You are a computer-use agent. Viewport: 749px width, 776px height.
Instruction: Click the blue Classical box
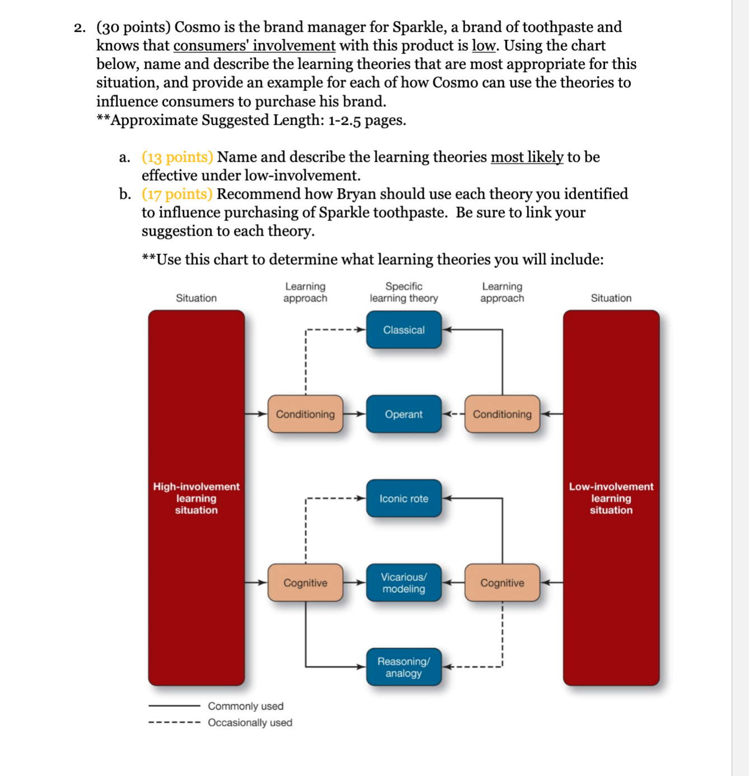point(404,330)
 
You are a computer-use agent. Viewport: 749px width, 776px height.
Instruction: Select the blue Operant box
point(404,414)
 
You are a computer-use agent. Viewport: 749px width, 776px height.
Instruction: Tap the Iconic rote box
point(404,498)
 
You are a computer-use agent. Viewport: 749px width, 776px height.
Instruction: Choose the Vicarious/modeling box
point(404,583)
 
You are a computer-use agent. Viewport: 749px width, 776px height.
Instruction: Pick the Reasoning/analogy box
point(404,667)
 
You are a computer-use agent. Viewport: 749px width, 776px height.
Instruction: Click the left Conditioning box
point(305,414)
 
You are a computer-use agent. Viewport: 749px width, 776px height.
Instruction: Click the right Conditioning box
point(502,414)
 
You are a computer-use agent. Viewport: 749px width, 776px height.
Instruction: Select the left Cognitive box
point(305,583)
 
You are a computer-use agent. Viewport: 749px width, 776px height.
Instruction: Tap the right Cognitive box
point(502,583)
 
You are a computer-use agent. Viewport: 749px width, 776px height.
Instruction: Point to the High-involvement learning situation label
point(196,498)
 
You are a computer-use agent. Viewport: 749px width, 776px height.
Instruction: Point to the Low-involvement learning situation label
point(611,498)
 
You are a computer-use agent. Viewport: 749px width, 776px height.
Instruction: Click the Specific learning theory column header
point(404,292)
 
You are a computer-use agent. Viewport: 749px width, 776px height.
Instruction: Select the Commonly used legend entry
point(245,706)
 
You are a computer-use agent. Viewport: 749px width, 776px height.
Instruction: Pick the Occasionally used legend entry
point(250,723)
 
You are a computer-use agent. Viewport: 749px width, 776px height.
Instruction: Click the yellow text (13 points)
point(177,157)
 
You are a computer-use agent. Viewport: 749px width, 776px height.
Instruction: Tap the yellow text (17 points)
point(177,194)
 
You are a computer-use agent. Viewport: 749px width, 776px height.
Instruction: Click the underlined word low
point(483,46)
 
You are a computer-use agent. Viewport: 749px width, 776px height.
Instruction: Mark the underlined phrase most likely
point(527,157)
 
